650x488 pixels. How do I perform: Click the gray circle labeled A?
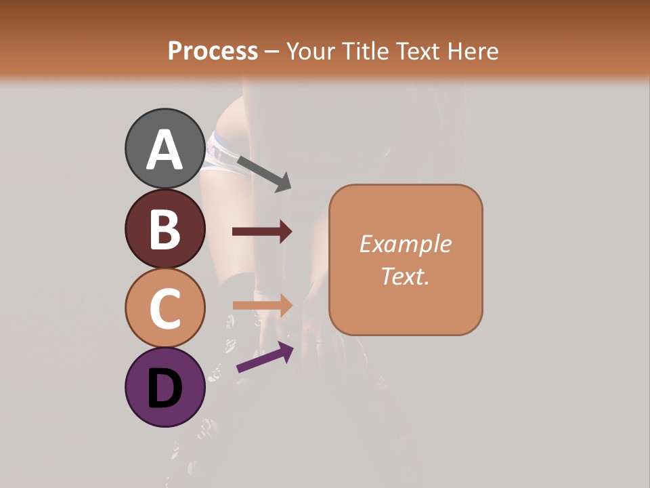pos(165,148)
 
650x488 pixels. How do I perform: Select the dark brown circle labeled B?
pos(165,228)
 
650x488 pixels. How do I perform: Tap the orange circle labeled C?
pos(165,308)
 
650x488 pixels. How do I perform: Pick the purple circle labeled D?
pos(165,387)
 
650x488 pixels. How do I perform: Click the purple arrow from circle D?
pos(264,357)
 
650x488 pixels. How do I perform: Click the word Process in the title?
pos(213,51)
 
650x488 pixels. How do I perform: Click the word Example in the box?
pos(405,244)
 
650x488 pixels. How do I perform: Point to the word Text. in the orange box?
pos(405,276)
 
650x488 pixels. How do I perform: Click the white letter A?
pos(165,150)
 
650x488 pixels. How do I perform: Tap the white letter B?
pos(165,229)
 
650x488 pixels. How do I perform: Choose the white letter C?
pos(165,308)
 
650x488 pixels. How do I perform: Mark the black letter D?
pos(165,388)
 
